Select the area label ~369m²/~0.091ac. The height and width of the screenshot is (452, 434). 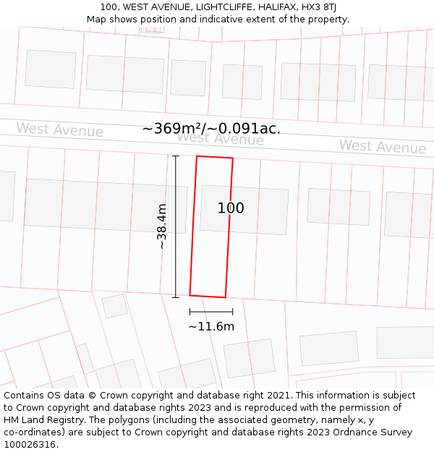point(211,129)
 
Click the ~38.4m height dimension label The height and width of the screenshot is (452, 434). point(162,226)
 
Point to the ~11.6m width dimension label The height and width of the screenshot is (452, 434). point(211,326)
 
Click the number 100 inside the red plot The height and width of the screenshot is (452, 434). point(231,208)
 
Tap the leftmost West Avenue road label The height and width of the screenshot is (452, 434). point(60,130)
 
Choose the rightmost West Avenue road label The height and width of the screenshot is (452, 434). point(383,147)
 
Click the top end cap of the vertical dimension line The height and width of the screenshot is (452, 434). point(176,155)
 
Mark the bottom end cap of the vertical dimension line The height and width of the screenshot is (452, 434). point(176,297)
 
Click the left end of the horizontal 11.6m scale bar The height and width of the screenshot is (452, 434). point(190,312)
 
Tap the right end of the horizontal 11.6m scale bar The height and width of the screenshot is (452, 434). point(233,312)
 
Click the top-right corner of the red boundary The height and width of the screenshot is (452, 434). point(232,158)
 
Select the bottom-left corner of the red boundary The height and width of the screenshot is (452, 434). point(190,294)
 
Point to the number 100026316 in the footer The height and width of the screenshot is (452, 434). point(30,445)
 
